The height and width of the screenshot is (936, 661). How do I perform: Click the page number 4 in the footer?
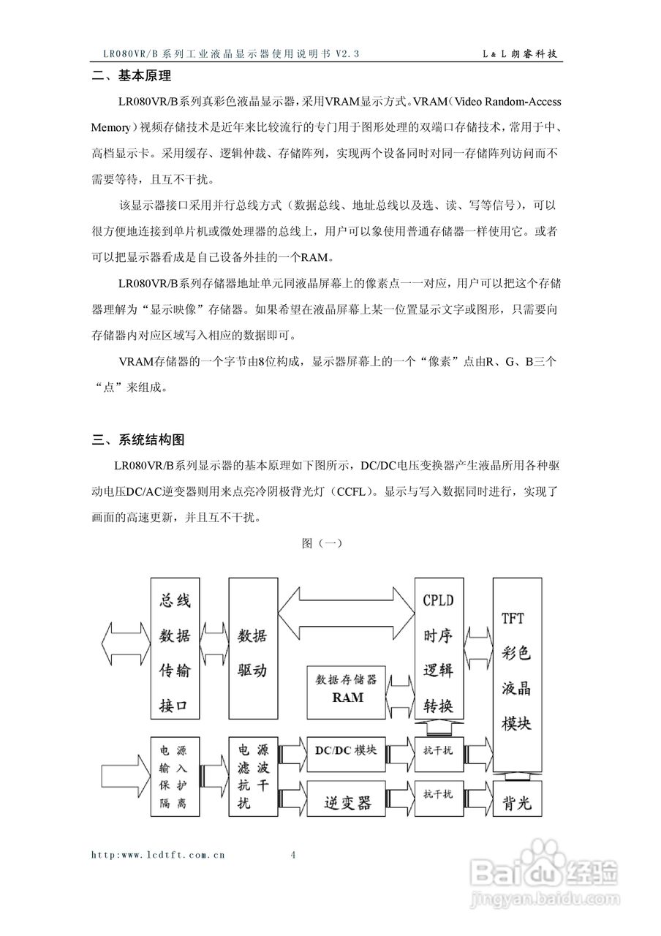coord(293,854)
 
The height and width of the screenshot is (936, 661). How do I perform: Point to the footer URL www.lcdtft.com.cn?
coord(158,854)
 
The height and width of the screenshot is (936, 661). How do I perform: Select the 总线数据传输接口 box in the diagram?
coord(175,652)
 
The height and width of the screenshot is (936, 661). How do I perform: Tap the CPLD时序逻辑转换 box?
coord(439,652)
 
